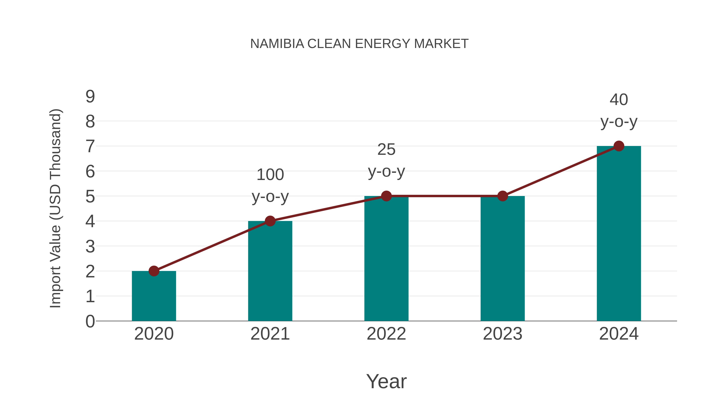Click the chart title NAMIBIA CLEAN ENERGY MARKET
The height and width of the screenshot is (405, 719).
pos(359,44)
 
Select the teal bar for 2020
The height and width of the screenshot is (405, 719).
pos(154,296)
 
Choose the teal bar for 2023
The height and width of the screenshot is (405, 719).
pos(503,259)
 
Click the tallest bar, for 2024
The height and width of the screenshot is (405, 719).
pos(619,233)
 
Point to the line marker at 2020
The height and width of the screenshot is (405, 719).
pos(154,271)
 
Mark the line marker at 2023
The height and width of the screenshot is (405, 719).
pos(503,196)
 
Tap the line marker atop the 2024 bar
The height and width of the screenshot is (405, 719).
pos(619,146)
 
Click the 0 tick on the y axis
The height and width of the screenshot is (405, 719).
pos(90,321)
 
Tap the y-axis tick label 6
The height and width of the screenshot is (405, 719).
pos(90,171)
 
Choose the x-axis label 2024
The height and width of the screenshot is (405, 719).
pos(619,334)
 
